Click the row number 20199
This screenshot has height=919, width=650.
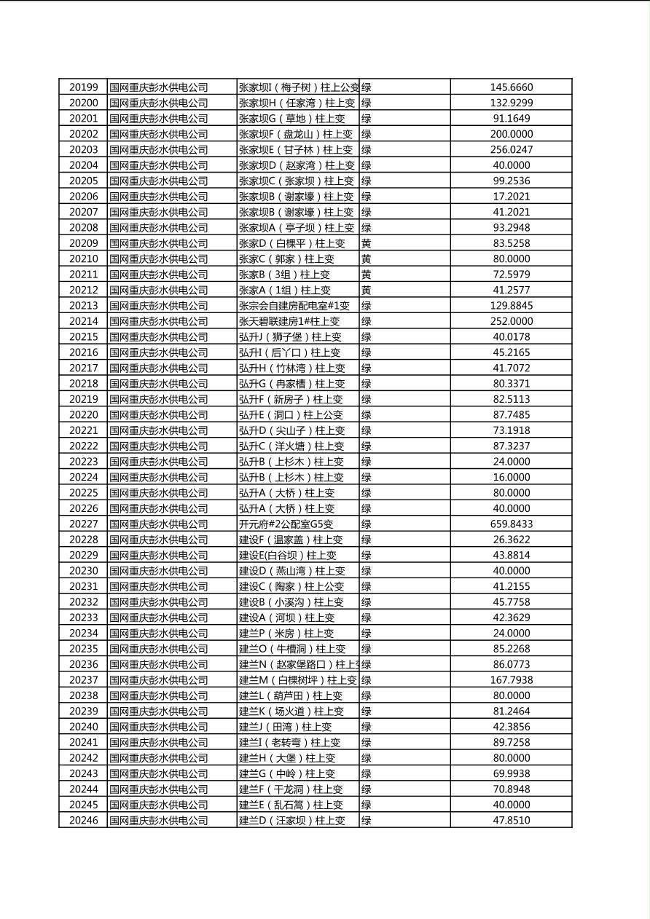(83, 87)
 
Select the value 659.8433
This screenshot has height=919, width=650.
(511, 524)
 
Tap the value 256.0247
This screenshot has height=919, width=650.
(511, 149)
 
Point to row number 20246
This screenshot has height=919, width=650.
(83, 820)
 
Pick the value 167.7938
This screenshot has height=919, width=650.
(511, 680)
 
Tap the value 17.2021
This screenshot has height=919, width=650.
(511, 196)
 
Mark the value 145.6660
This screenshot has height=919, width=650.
(511, 87)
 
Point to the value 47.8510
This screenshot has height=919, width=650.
(511, 820)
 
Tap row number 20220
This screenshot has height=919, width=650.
(83, 414)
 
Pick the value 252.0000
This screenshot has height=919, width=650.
(511, 321)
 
